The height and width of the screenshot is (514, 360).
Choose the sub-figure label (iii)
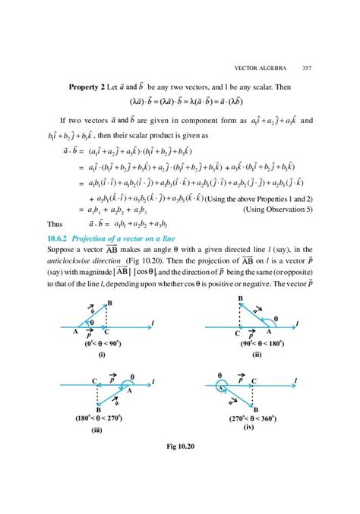(x=96, y=430)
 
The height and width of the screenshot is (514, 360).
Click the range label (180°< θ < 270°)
(x=97, y=418)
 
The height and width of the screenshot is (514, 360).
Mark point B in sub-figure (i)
(x=110, y=304)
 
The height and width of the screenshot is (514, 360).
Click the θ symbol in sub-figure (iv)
(x=219, y=374)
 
